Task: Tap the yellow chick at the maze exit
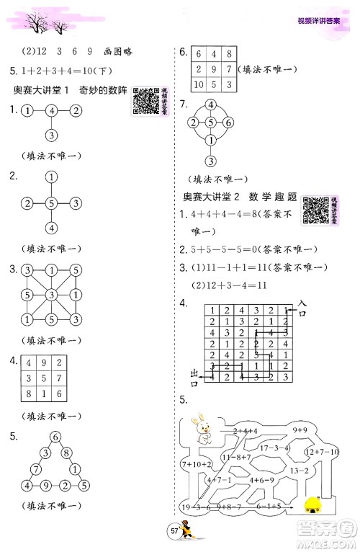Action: [x=313, y=504]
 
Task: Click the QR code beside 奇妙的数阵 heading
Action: [x=146, y=100]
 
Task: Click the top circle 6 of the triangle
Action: [x=55, y=437]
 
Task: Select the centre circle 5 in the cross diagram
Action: [x=51, y=203]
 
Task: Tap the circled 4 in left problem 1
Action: [x=51, y=112]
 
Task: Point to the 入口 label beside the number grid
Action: [x=302, y=309]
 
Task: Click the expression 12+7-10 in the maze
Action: [x=321, y=451]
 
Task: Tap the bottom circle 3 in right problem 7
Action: [x=210, y=161]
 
